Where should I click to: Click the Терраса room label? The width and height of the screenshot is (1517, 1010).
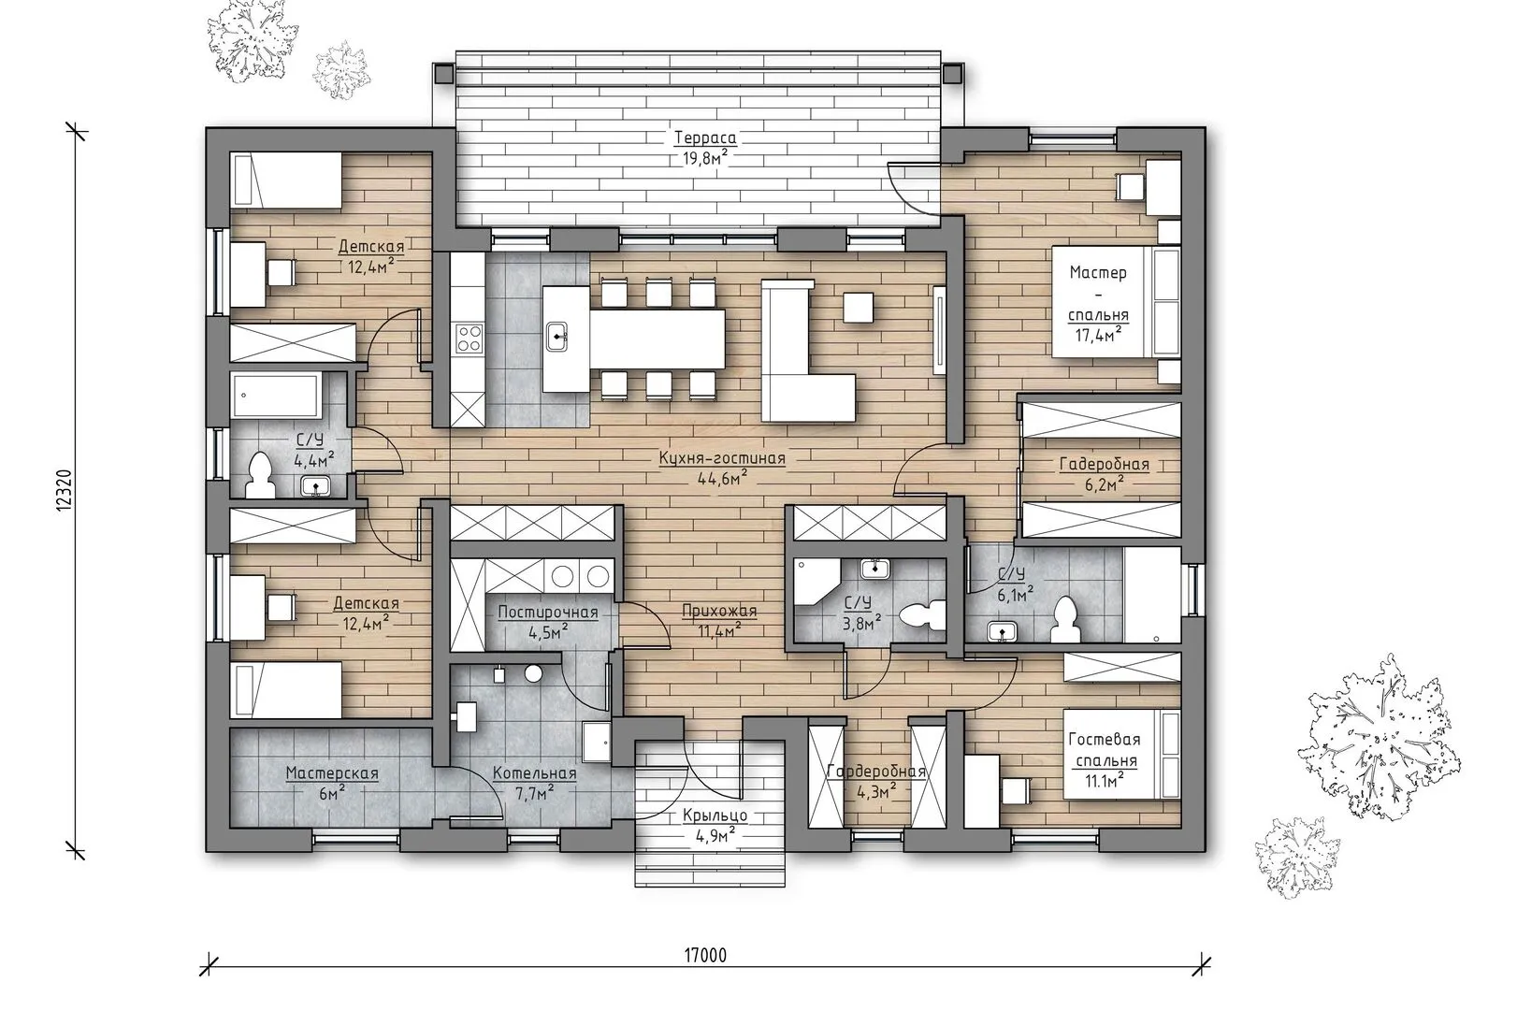705,138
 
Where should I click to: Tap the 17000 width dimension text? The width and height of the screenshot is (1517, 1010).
705,955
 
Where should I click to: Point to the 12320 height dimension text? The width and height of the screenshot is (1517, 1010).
65,491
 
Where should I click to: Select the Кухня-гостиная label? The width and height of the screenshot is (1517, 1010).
722,458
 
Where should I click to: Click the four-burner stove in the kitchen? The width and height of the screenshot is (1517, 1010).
469,338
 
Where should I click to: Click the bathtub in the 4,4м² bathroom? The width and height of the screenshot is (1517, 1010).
276,396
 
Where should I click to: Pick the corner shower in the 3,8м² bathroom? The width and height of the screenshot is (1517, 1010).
816,581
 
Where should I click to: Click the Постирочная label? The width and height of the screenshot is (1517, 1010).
548,613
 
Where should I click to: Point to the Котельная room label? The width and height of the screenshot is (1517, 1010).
534,773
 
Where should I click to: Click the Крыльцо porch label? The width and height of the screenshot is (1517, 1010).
715,815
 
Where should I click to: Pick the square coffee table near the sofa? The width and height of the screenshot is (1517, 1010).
858,307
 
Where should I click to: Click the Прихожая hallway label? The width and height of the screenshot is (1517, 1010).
719,611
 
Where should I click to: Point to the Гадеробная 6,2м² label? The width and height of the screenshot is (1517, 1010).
1104,473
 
